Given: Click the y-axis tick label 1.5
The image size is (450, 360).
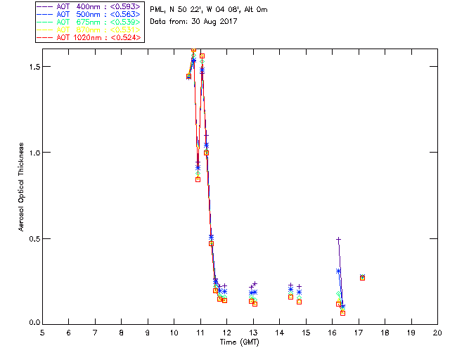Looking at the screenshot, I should pyautogui.click(x=26, y=66).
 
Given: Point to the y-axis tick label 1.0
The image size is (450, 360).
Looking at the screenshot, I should pyautogui.click(x=26, y=153).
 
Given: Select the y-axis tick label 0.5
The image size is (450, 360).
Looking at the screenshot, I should pyautogui.click(x=26, y=238).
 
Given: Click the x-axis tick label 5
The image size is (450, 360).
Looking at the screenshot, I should pyautogui.click(x=42, y=332).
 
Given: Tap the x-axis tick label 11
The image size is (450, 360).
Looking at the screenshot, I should pyautogui.click(x=200, y=332).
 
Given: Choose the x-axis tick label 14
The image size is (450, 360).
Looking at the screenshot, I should pyautogui.click(x=279, y=332).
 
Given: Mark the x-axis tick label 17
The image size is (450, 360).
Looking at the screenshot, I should pyautogui.click(x=359, y=332).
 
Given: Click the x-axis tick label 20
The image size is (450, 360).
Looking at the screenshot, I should pyautogui.click(x=437, y=332).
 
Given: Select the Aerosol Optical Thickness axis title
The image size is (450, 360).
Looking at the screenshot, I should pyautogui.click(x=22, y=188).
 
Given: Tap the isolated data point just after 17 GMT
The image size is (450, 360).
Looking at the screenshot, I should pyautogui.click(x=362, y=278).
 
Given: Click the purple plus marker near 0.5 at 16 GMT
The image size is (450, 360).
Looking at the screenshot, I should pyautogui.click(x=338, y=239).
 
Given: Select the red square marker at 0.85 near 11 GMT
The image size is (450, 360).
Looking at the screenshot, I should pyautogui.click(x=198, y=179).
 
